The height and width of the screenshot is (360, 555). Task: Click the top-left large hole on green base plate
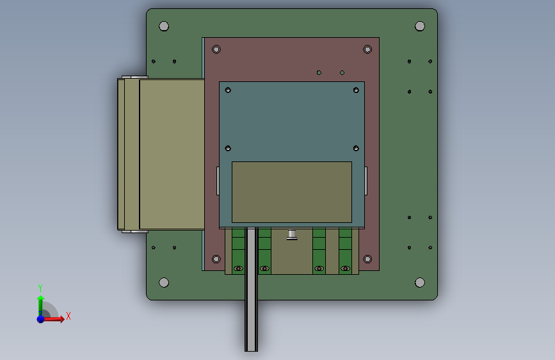coord(164,26)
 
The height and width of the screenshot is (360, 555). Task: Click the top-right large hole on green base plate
coord(420,26)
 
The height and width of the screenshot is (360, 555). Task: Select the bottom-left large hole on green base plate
coord(164,282)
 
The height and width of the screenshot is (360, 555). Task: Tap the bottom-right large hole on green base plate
coord(420,282)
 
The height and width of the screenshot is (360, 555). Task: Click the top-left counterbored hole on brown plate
coord(216,49)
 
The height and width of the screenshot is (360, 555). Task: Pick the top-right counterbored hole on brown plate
coord(367,49)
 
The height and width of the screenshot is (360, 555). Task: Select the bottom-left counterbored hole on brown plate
coord(216,259)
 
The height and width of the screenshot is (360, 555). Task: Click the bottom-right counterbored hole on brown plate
coord(367,259)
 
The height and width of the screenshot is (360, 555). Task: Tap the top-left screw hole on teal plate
coord(228,90)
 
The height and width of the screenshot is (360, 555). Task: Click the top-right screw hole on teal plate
coord(356,90)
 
